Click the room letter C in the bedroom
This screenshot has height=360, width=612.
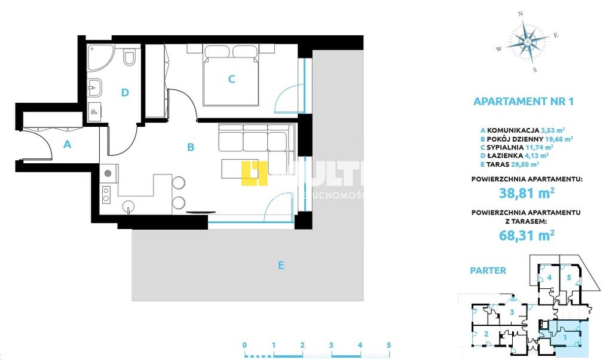(x=232, y=78)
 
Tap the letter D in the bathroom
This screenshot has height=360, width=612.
(x=125, y=92)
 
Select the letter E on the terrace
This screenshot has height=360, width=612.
(x=281, y=265)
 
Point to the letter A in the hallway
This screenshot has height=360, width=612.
(x=68, y=144)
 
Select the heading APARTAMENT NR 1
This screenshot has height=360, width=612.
(x=523, y=101)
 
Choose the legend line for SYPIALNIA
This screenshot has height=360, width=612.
(x=516, y=147)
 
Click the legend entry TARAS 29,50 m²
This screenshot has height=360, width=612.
(x=509, y=163)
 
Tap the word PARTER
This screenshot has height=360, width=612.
(x=488, y=270)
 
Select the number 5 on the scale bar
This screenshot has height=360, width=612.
(x=388, y=345)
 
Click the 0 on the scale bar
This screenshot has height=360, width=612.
(x=245, y=345)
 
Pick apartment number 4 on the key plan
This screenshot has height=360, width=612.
(x=549, y=277)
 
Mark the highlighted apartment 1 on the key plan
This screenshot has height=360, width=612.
(x=565, y=337)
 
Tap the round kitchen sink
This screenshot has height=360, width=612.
(x=128, y=208)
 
